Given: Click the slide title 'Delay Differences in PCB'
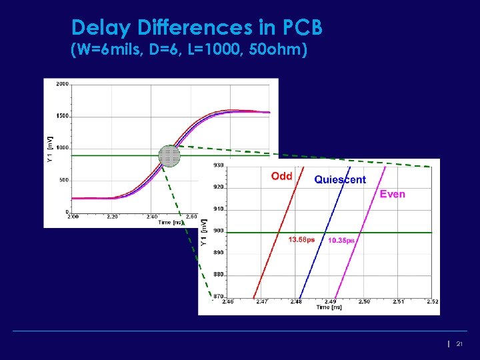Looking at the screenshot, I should tap(197, 28).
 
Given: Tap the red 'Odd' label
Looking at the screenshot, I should tap(281, 176).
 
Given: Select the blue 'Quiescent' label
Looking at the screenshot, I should tap(340, 179).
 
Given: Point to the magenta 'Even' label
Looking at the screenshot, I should tap(392, 194).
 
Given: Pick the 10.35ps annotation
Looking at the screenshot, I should tap(341, 240).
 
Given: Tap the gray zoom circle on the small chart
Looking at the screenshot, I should tap(169, 156).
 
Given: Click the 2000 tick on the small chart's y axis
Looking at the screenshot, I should tap(62, 84).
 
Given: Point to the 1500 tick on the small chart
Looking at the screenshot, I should tap(62, 116).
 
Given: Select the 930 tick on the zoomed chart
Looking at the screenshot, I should tap(219, 165).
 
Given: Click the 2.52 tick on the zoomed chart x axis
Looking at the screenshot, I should tap(432, 301).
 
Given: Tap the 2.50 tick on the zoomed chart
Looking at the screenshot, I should tap(364, 301).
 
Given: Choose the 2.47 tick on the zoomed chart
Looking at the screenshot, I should tap(262, 301).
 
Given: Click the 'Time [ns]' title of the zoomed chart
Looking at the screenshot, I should tap(330, 307).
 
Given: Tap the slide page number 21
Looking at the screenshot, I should tap(459, 343).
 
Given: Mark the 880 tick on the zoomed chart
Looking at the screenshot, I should tap(219, 275).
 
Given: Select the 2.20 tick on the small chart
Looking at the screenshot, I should tap(113, 217).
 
